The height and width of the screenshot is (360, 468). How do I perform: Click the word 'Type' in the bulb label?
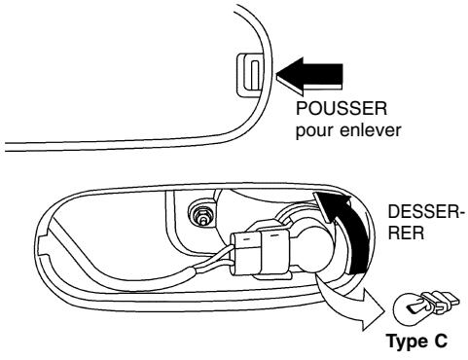(x=402, y=342)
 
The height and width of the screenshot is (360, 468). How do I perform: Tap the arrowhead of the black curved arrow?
(x=337, y=200)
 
